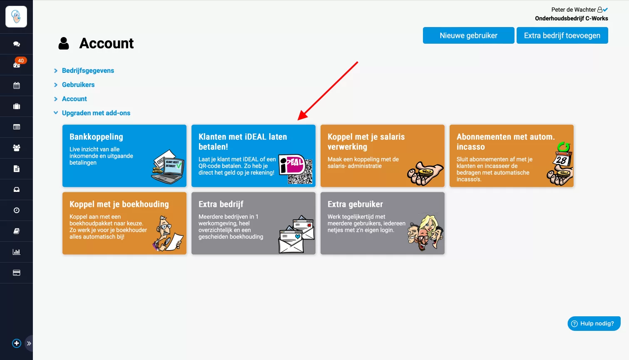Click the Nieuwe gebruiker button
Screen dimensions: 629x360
[x=468, y=35]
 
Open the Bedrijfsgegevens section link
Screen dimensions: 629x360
[x=88, y=70]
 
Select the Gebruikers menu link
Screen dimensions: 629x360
[x=78, y=84]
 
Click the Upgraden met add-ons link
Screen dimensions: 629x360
[x=96, y=113]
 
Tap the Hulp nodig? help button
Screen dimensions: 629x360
[x=594, y=323]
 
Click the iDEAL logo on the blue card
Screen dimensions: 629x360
[x=292, y=164]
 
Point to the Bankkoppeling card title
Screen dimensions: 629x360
[x=96, y=137]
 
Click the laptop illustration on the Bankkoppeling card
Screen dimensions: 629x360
[x=168, y=167]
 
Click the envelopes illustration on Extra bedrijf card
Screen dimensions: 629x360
[x=296, y=234]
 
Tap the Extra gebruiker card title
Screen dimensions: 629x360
[x=355, y=204]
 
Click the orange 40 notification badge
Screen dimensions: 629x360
[x=21, y=60]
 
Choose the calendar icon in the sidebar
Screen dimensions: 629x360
[x=17, y=85]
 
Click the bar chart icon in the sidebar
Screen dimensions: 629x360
[x=17, y=252]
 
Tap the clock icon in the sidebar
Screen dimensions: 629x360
[x=17, y=210]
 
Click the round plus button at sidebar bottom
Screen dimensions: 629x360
[x=17, y=343]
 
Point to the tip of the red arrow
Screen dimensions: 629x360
[x=298, y=120]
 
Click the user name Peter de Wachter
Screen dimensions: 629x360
[x=573, y=10]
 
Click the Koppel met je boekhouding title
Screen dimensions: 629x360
[x=119, y=204]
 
